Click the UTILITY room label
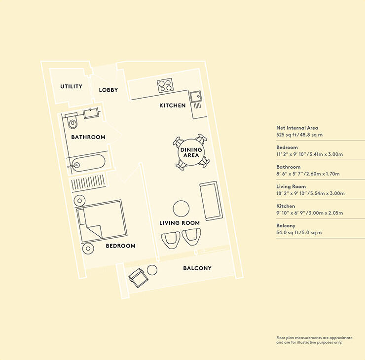coord(71,86)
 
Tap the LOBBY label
coord(108,90)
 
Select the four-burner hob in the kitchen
coord(165,85)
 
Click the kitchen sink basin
coord(196,97)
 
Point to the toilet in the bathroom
coord(72,120)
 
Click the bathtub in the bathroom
coord(88,163)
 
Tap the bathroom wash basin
coord(91,113)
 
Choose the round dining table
coord(191,152)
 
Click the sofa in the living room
coord(210,201)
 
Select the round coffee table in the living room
coord(181,209)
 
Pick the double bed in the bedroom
coord(102,221)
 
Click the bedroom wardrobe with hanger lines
coord(88,182)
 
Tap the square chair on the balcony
coord(138,277)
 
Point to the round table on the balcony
coord(152,270)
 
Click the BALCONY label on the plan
coord(197,268)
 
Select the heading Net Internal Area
coord(297,128)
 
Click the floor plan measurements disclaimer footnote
coord(314,340)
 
